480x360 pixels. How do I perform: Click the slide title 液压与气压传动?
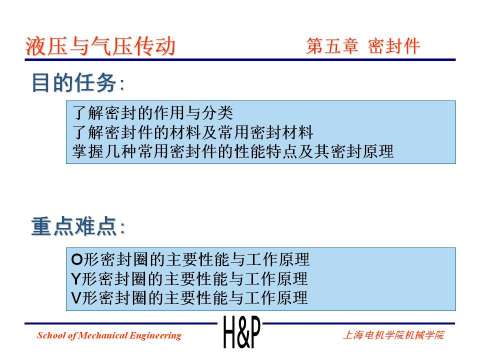coord(100,46)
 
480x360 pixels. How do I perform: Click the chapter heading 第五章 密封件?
coord(361,47)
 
